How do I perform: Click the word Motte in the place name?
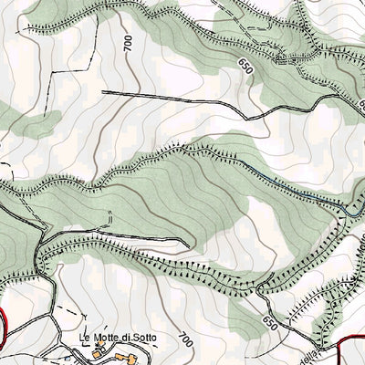[x=109, y=338]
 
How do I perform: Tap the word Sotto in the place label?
[x=143, y=338]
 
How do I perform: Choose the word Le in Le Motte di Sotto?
[x=84, y=338]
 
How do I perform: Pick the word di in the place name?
[x=127, y=338]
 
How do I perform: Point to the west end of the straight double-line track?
[x=103, y=92]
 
